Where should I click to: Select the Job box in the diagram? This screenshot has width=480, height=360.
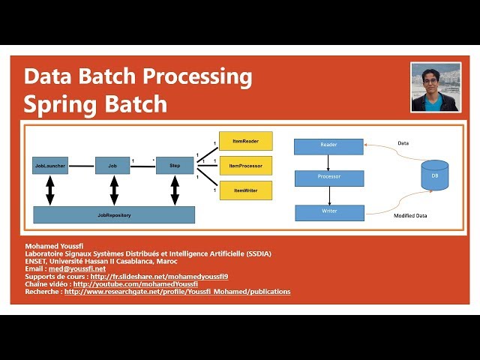pyautogui.click(x=112, y=164)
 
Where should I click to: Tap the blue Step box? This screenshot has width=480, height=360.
pyautogui.click(x=174, y=164)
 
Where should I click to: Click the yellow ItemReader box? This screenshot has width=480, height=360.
pyautogui.click(x=246, y=140)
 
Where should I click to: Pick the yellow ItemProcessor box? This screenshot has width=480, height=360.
pyautogui.click(x=246, y=165)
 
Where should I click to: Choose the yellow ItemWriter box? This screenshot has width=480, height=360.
pyautogui.click(x=246, y=190)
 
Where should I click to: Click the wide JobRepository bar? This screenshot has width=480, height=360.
pyautogui.click(x=114, y=215)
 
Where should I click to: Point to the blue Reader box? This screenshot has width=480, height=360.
pyautogui.click(x=328, y=145)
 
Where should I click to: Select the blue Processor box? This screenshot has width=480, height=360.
pyautogui.click(x=328, y=178)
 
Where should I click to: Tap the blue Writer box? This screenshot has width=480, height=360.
pyautogui.click(x=328, y=212)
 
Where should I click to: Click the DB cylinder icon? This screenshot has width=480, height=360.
pyautogui.click(x=434, y=175)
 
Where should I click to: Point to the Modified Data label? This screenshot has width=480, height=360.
pyautogui.click(x=410, y=216)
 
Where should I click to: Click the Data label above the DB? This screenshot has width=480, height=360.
pyautogui.click(x=403, y=142)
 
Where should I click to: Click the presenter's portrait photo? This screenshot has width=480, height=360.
pyautogui.click(x=435, y=87)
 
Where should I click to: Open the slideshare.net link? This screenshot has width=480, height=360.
pyautogui.click(x=159, y=276)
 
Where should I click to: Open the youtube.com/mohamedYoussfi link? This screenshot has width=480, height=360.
pyautogui.click(x=135, y=284)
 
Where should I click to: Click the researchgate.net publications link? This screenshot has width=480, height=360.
pyautogui.click(x=177, y=292)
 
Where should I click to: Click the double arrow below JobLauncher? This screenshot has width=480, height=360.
pyautogui.click(x=50, y=190)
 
